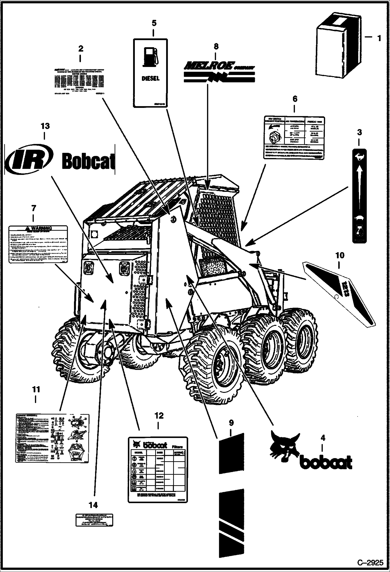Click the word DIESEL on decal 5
[150, 78]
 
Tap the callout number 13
[45, 126]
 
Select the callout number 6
[295, 99]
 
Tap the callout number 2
[81, 48]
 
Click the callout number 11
[36, 390]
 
